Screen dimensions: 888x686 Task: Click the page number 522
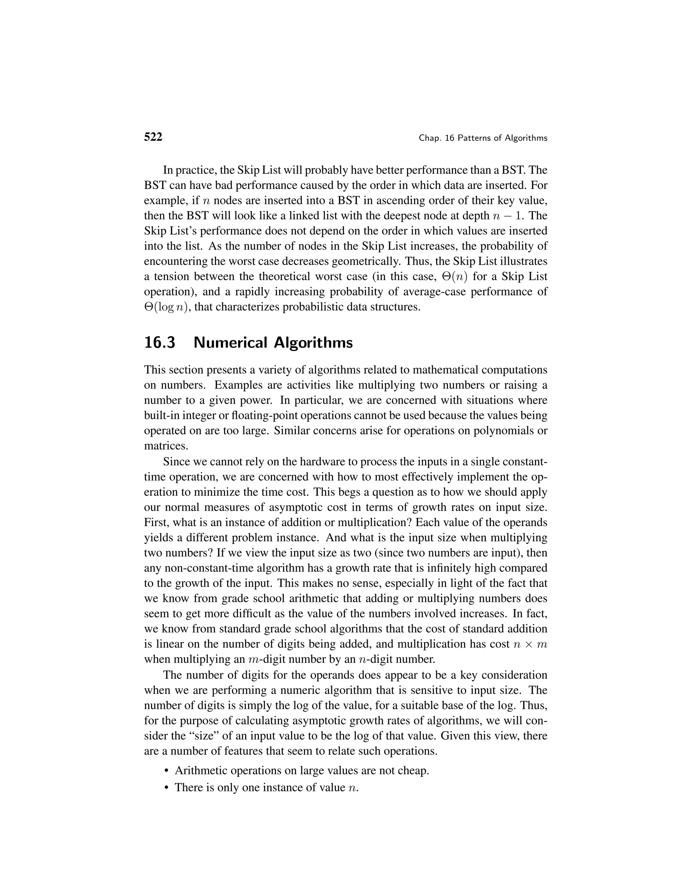click(x=153, y=137)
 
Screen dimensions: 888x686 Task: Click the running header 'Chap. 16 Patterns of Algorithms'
click(x=483, y=138)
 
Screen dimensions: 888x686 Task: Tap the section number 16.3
click(x=160, y=343)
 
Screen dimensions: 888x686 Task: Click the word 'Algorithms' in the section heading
click(x=313, y=343)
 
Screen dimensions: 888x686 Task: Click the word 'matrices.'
click(x=166, y=446)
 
